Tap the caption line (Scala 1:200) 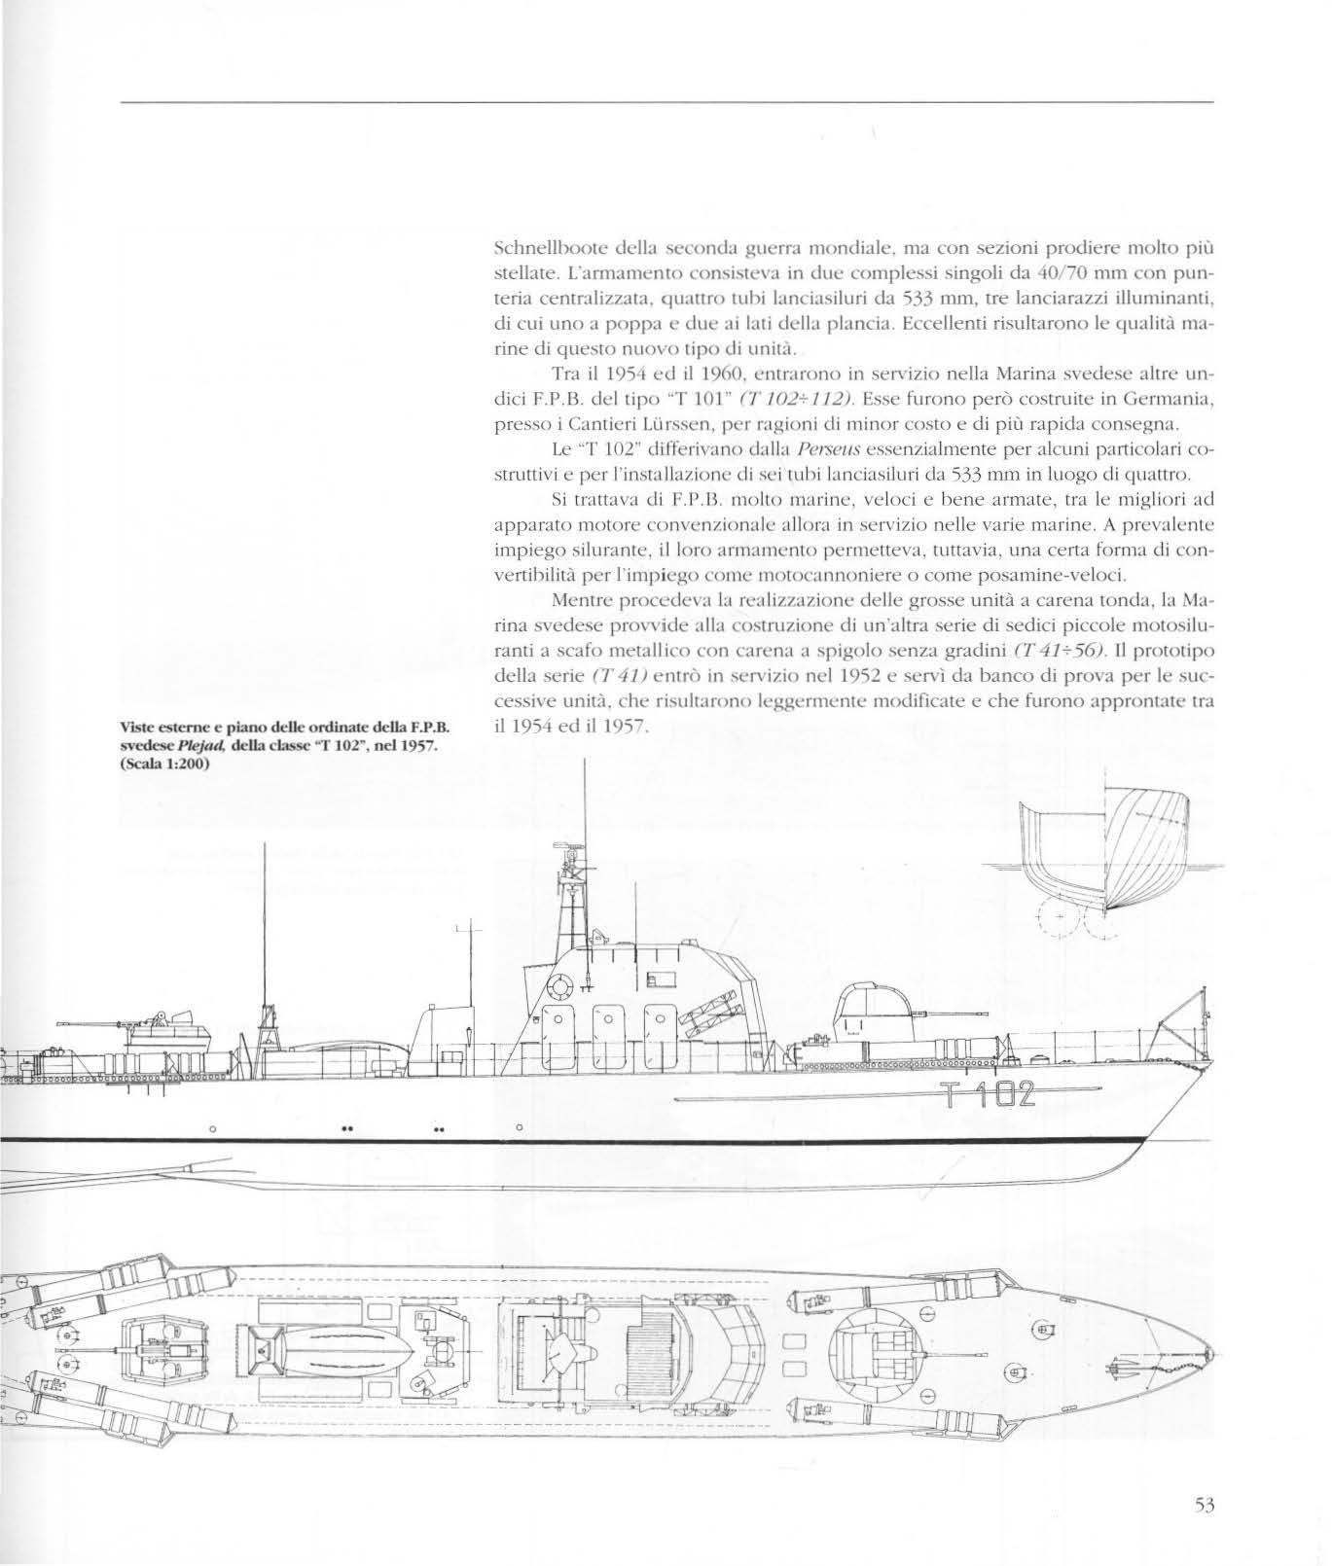pyautogui.click(x=165, y=762)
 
